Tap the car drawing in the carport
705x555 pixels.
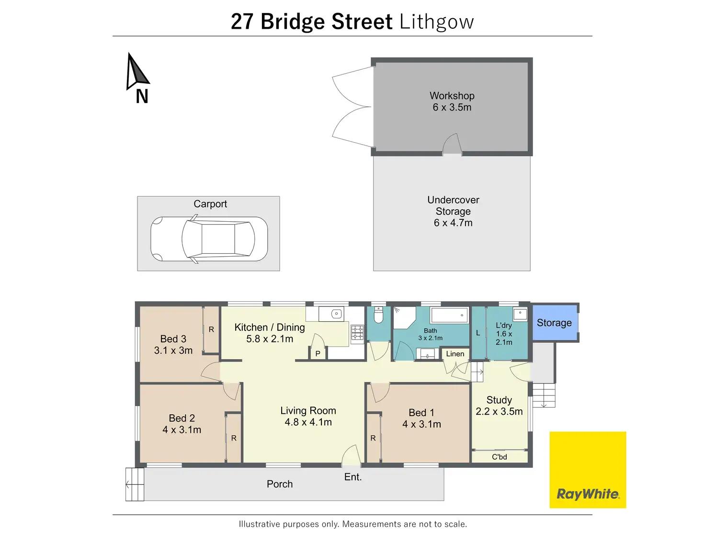click(209, 239)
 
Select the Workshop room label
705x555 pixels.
click(452, 96)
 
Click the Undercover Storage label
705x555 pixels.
click(453, 205)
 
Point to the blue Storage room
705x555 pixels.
click(555, 323)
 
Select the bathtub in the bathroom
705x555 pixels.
click(449, 315)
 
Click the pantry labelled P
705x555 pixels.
click(318, 353)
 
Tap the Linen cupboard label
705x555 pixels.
click(455, 354)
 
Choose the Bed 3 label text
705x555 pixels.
click(173, 339)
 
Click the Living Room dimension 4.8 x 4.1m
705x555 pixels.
click(308, 422)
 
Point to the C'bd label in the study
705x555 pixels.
click(499, 457)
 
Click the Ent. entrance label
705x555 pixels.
click(353, 477)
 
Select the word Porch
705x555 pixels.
click(280, 484)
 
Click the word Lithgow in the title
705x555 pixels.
click(436, 22)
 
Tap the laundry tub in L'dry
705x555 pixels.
click(520, 315)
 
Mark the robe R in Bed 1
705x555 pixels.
click(373, 438)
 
